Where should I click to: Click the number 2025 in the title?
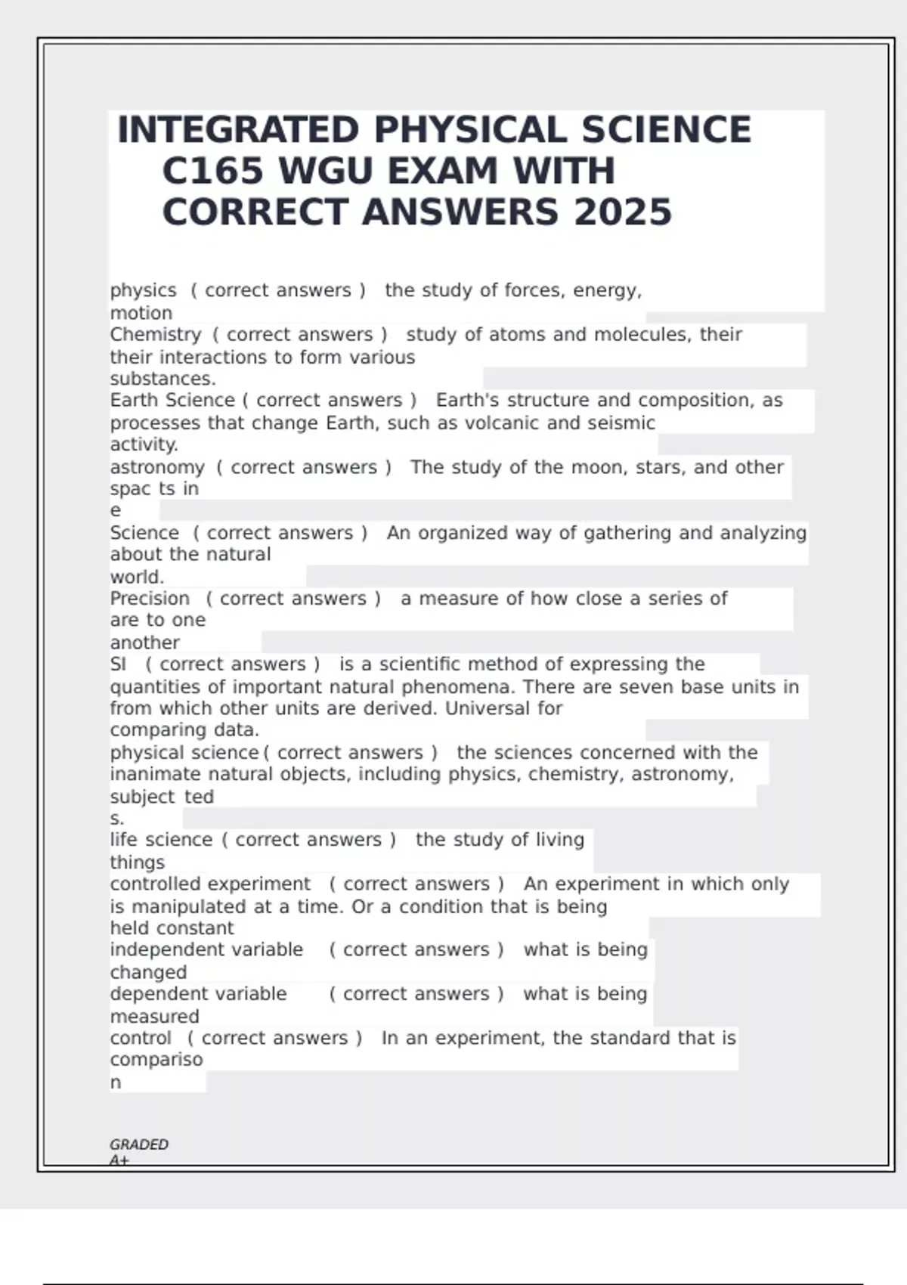point(623,212)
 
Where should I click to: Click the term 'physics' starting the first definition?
point(143,290)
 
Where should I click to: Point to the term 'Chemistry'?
point(156,335)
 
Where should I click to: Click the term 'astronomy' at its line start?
point(157,468)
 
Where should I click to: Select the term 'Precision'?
point(150,599)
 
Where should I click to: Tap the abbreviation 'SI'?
point(118,664)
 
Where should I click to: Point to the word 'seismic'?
point(621,423)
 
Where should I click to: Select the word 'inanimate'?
point(156,775)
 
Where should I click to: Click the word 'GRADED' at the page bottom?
point(139,1144)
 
